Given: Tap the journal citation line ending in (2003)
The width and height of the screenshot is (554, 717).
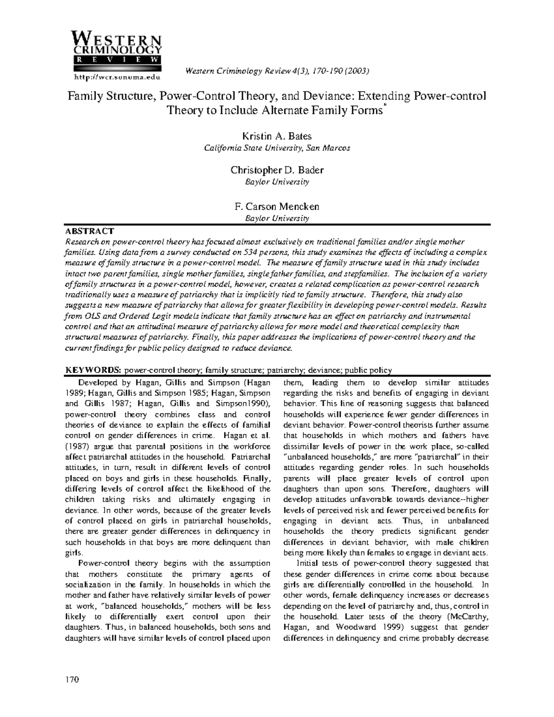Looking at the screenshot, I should tap(277, 71).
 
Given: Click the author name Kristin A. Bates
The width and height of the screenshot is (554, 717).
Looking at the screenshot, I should tap(277, 136).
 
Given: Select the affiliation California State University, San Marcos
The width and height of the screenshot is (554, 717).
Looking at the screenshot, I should tap(277, 148).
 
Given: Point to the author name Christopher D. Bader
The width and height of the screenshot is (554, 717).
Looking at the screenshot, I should tap(277, 170).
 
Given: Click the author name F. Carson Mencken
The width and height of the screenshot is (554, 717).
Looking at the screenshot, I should tap(277, 206).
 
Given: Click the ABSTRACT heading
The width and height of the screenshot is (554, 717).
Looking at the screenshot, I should tap(89, 231).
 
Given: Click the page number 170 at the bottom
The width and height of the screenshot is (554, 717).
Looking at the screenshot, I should tap(72, 680).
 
